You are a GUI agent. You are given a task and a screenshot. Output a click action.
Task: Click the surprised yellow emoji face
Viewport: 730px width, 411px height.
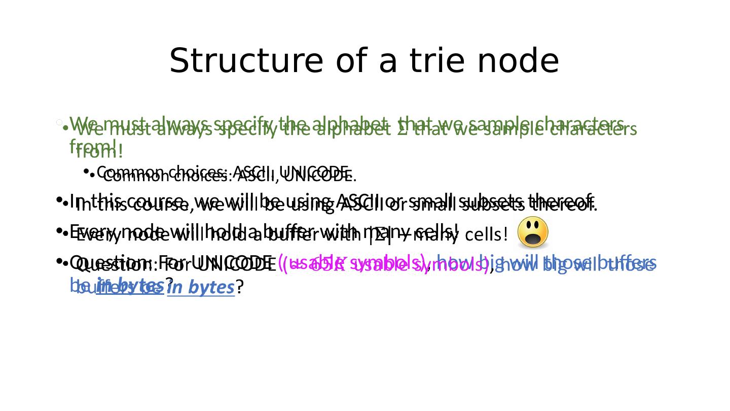533,232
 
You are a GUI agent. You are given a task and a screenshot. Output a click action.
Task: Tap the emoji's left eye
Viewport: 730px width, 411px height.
528,226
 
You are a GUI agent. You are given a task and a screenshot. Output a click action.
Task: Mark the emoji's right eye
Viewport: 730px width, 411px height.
537,226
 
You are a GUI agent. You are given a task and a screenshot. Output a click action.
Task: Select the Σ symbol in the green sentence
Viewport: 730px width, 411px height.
401,130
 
